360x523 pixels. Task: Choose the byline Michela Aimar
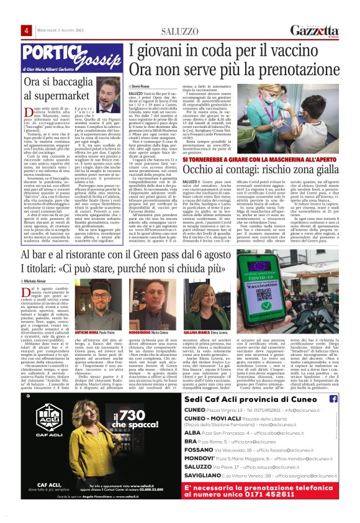coord(34,281)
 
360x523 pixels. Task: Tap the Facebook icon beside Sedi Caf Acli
coord(334,399)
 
